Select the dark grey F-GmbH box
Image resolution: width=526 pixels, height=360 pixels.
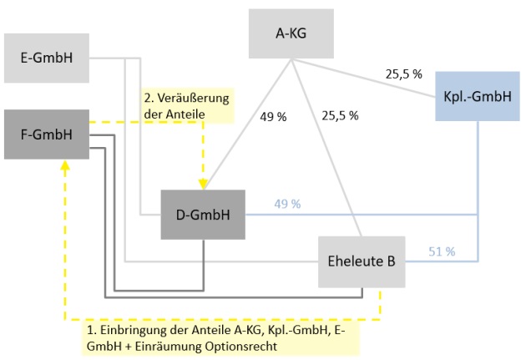(46, 133)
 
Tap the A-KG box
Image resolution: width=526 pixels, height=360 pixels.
(291, 33)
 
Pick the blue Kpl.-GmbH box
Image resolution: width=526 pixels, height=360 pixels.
(477, 96)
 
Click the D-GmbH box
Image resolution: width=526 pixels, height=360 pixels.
(203, 215)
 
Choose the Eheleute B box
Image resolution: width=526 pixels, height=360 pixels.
(361, 261)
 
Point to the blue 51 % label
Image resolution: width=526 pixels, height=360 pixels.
(440, 251)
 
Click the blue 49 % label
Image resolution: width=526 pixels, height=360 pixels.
(286, 204)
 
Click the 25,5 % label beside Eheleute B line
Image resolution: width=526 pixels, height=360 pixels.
(341, 116)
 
